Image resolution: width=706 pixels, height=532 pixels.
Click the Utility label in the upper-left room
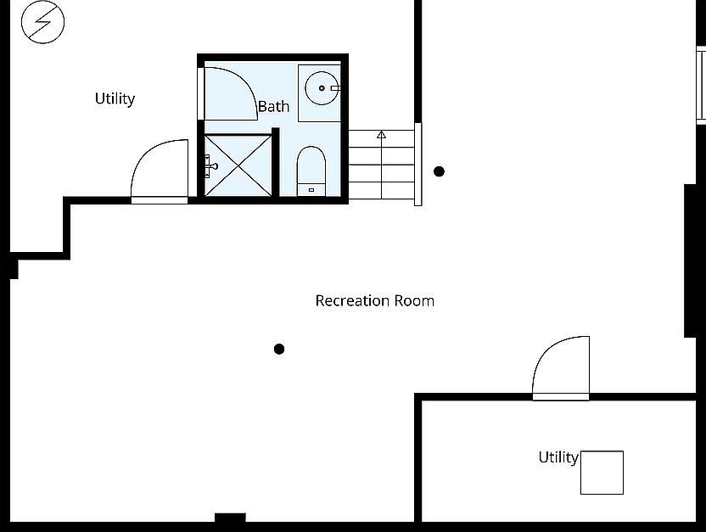pyautogui.click(x=115, y=98)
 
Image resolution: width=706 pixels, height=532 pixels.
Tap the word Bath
pyautogui.click(x=273, y=106)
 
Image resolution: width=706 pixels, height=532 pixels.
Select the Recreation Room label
pyautogui.click(x=374, y=300)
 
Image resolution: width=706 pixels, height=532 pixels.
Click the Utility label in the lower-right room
pyautogui.click(x=558, y=457)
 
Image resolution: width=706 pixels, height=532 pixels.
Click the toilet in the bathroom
pyautogui.click(x=311, y=171)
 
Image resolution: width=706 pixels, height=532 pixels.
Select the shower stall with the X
pyautogui.click(x=239, y=165)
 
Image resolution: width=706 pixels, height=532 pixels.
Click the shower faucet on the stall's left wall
pyautogui.click(x=210, y=166)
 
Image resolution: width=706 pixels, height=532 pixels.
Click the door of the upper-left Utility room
pyautogui.click(x=160, y=171)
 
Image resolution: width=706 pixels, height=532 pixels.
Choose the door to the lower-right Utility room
pyautogui.click(x=561, y=368)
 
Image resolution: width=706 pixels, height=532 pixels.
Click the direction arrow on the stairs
pyautogui.click(x=381, y=134)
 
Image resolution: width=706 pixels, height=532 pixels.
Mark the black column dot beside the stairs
pyautogui.click(x=439, y=171)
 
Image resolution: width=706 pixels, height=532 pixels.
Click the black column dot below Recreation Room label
pyautogui.click(x=279, y=349)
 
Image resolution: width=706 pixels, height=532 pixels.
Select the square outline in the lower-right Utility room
pyautogui.click(x=602, y=473)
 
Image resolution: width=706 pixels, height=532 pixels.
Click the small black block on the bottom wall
pyautogui.click(x=230, y=518)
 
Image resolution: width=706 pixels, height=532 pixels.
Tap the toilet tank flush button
pyautogui.click(x=311, y=189)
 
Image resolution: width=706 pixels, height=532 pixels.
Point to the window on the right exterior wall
pyautogui.click(x=701, y=85)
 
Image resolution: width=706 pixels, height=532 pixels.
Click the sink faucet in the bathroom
pyautogui.click(x=334, y=87)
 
